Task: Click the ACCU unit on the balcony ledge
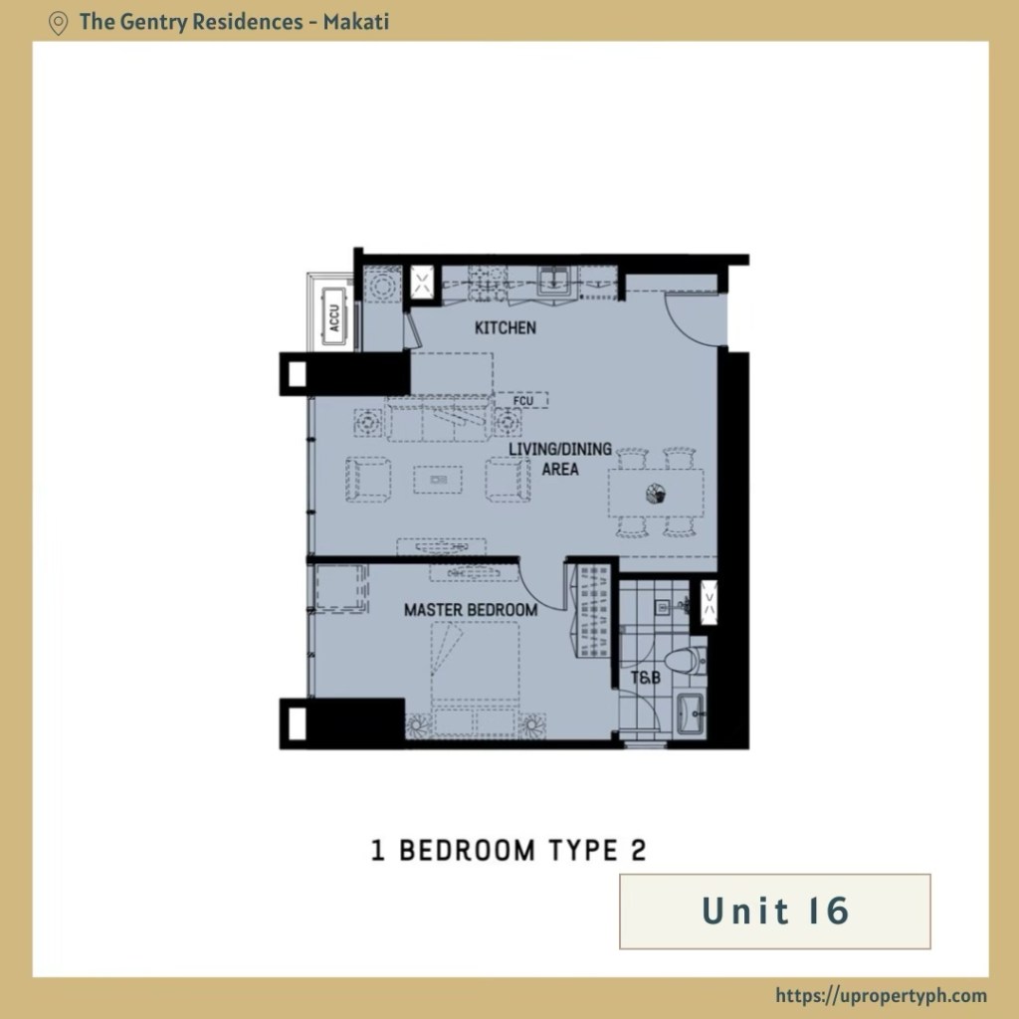[x=334, y=317]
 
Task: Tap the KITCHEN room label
[x=505, y=327]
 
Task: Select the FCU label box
[x=522, y=400]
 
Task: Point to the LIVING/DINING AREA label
[x=559, y=459]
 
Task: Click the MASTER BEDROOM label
[x=471, y=610]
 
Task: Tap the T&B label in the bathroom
[x=645, y=678]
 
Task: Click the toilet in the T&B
[x=686, y=661]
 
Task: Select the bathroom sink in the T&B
[x=691, y=713]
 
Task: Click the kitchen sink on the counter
[x=554, y=281]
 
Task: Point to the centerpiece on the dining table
[x=657, y=495]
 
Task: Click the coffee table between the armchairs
[x=438, y=480]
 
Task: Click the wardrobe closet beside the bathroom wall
[x=592, y=611]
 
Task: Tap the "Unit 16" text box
[x=774, y=912]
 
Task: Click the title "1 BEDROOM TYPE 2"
[x=509, y=851]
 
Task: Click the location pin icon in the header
[x=58, y=24]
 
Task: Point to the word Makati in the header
[x=356, y=22]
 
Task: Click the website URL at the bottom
[x=882, y=995]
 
